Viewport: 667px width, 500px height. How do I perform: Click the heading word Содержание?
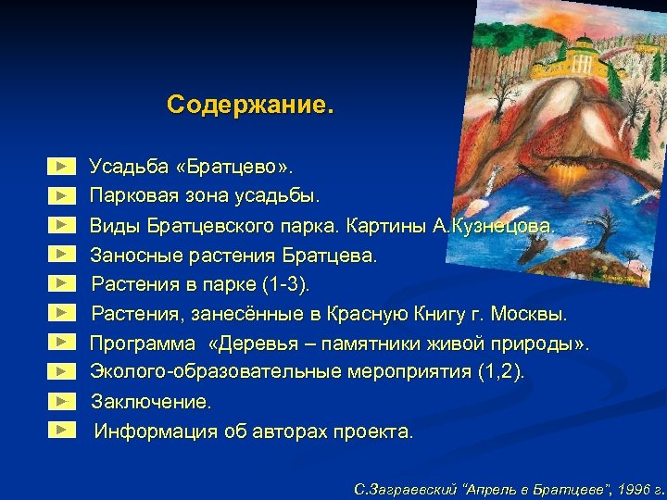pyautogui.click(x=249, y=104)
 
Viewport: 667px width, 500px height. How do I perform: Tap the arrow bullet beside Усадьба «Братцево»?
pyautogui.click(x=61, y=167)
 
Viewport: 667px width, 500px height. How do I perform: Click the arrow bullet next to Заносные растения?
pyautogui.click(x=61, y=253)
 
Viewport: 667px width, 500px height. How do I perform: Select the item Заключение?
pyautogui.click(x=151, y=403)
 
